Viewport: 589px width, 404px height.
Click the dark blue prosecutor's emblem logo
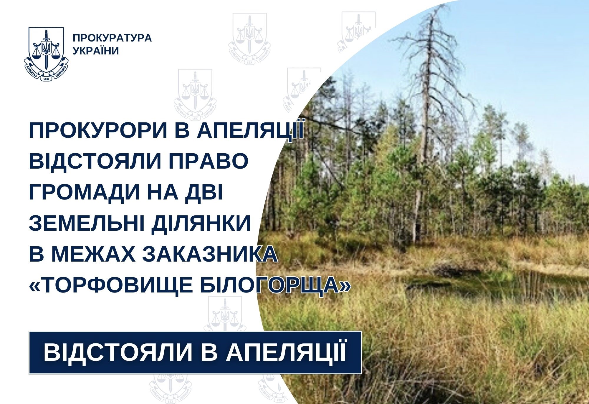[46, 54]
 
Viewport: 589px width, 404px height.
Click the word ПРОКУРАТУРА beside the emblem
[112, 38]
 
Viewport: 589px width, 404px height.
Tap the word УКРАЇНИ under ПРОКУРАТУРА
[96, 51]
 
